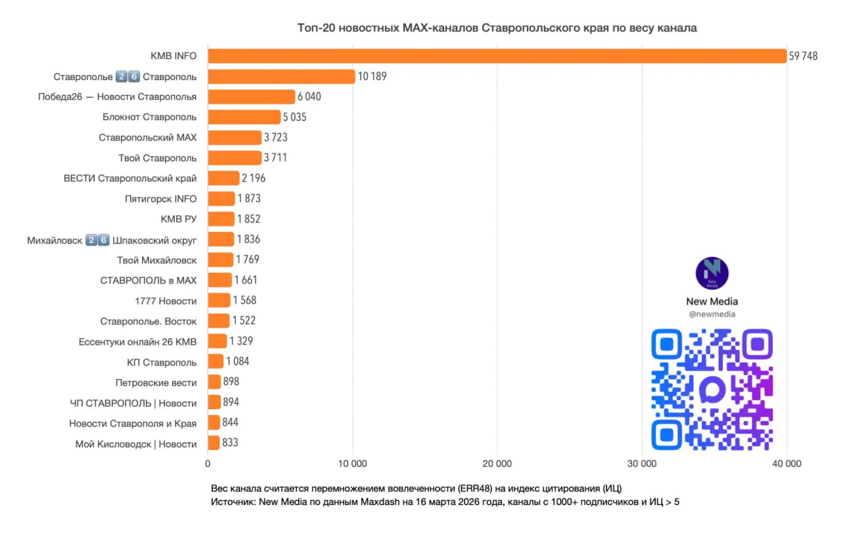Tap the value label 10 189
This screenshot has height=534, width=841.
click(x=372, y=76)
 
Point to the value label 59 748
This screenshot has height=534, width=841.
click(x=803, y=56)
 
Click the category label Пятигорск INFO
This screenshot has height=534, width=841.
click(x=160, y=198)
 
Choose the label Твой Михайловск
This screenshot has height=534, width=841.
click(x=156, y=260)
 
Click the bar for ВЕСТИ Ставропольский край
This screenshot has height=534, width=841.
click(x=223, y=178)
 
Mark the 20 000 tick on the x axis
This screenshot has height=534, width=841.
click(x=497, y=464)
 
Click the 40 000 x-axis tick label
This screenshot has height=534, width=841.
click(x=786, y=464)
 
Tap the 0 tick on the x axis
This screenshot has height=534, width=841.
click(x=208, y=464)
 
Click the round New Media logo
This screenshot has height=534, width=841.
click(x=712, y=273)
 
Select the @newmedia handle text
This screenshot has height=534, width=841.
click(x=712, y=315)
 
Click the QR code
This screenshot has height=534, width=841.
click(x=712, y=389)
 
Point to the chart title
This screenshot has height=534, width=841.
click(x=497, y=28)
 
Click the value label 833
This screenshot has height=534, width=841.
click(x=230, y=443)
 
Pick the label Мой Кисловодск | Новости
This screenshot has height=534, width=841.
click(x=136, y=444)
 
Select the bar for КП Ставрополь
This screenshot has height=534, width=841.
click(x=216, y=361)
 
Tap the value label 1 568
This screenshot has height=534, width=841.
click(x=244, y=300)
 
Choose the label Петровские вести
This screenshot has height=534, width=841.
click(x=156, y=383)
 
